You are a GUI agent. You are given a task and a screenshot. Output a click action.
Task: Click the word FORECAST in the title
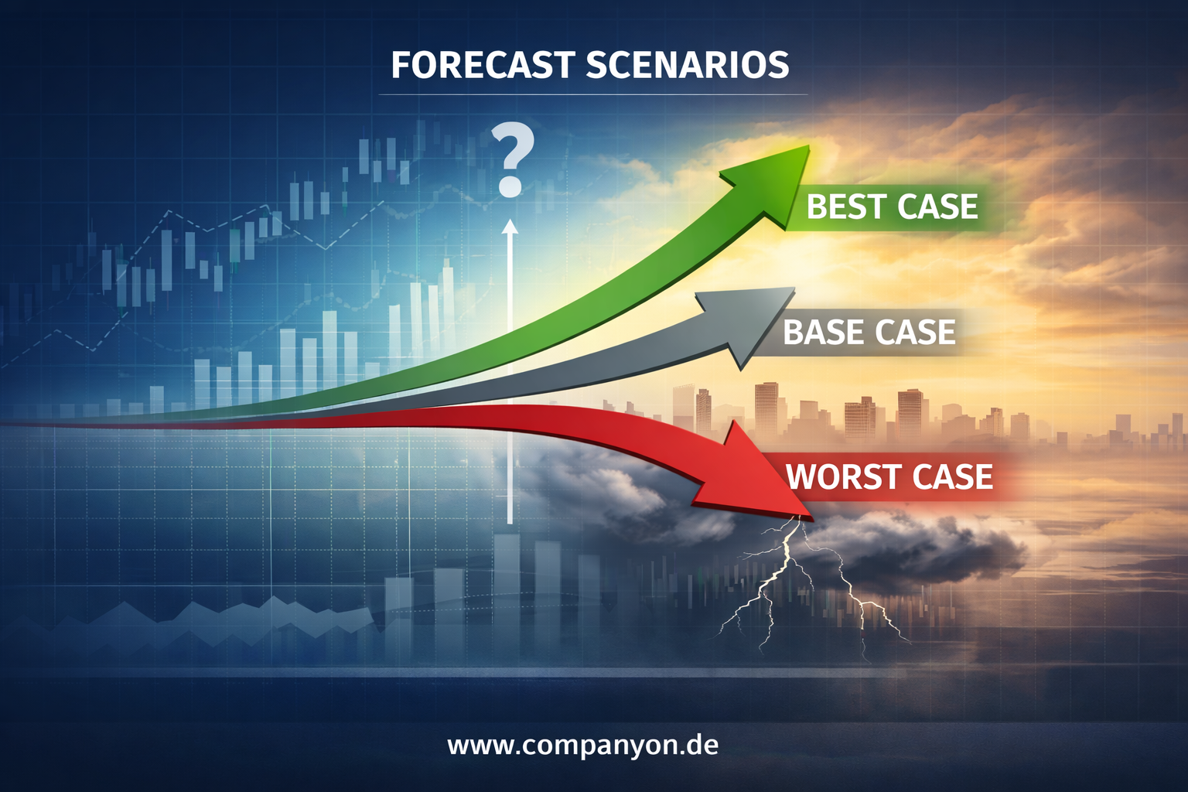click(x=483, y=65)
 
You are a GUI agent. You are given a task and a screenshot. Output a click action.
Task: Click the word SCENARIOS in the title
click(x=688, y=65)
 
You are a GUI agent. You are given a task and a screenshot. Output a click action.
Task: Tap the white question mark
click(x=511, y=159)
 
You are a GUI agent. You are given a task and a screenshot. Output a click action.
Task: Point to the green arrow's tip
click(x=809, y=145)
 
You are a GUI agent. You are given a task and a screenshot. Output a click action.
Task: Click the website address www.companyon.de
click(x=583, y=746)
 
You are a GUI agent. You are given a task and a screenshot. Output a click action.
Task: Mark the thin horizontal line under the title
click(x=593, y=95)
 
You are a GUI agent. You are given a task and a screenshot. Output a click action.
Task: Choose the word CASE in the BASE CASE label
click(x=914, y=332)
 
